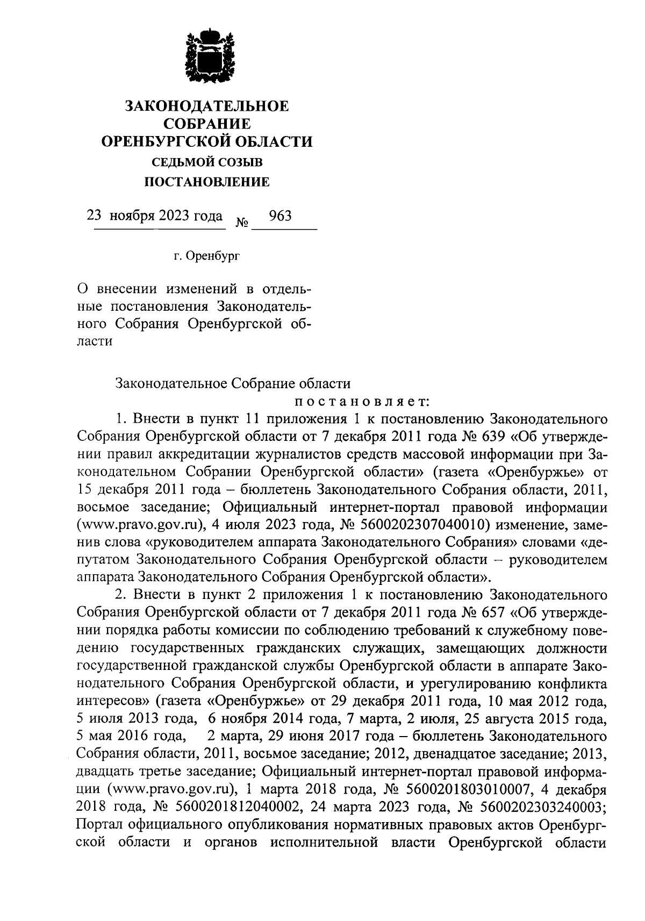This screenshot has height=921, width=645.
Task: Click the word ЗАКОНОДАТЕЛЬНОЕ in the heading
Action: point(207,106)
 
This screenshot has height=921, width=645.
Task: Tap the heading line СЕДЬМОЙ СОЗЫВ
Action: point(207,162)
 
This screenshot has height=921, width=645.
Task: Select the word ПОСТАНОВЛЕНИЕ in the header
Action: point(207,183)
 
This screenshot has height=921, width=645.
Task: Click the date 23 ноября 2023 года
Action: point(155,216)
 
